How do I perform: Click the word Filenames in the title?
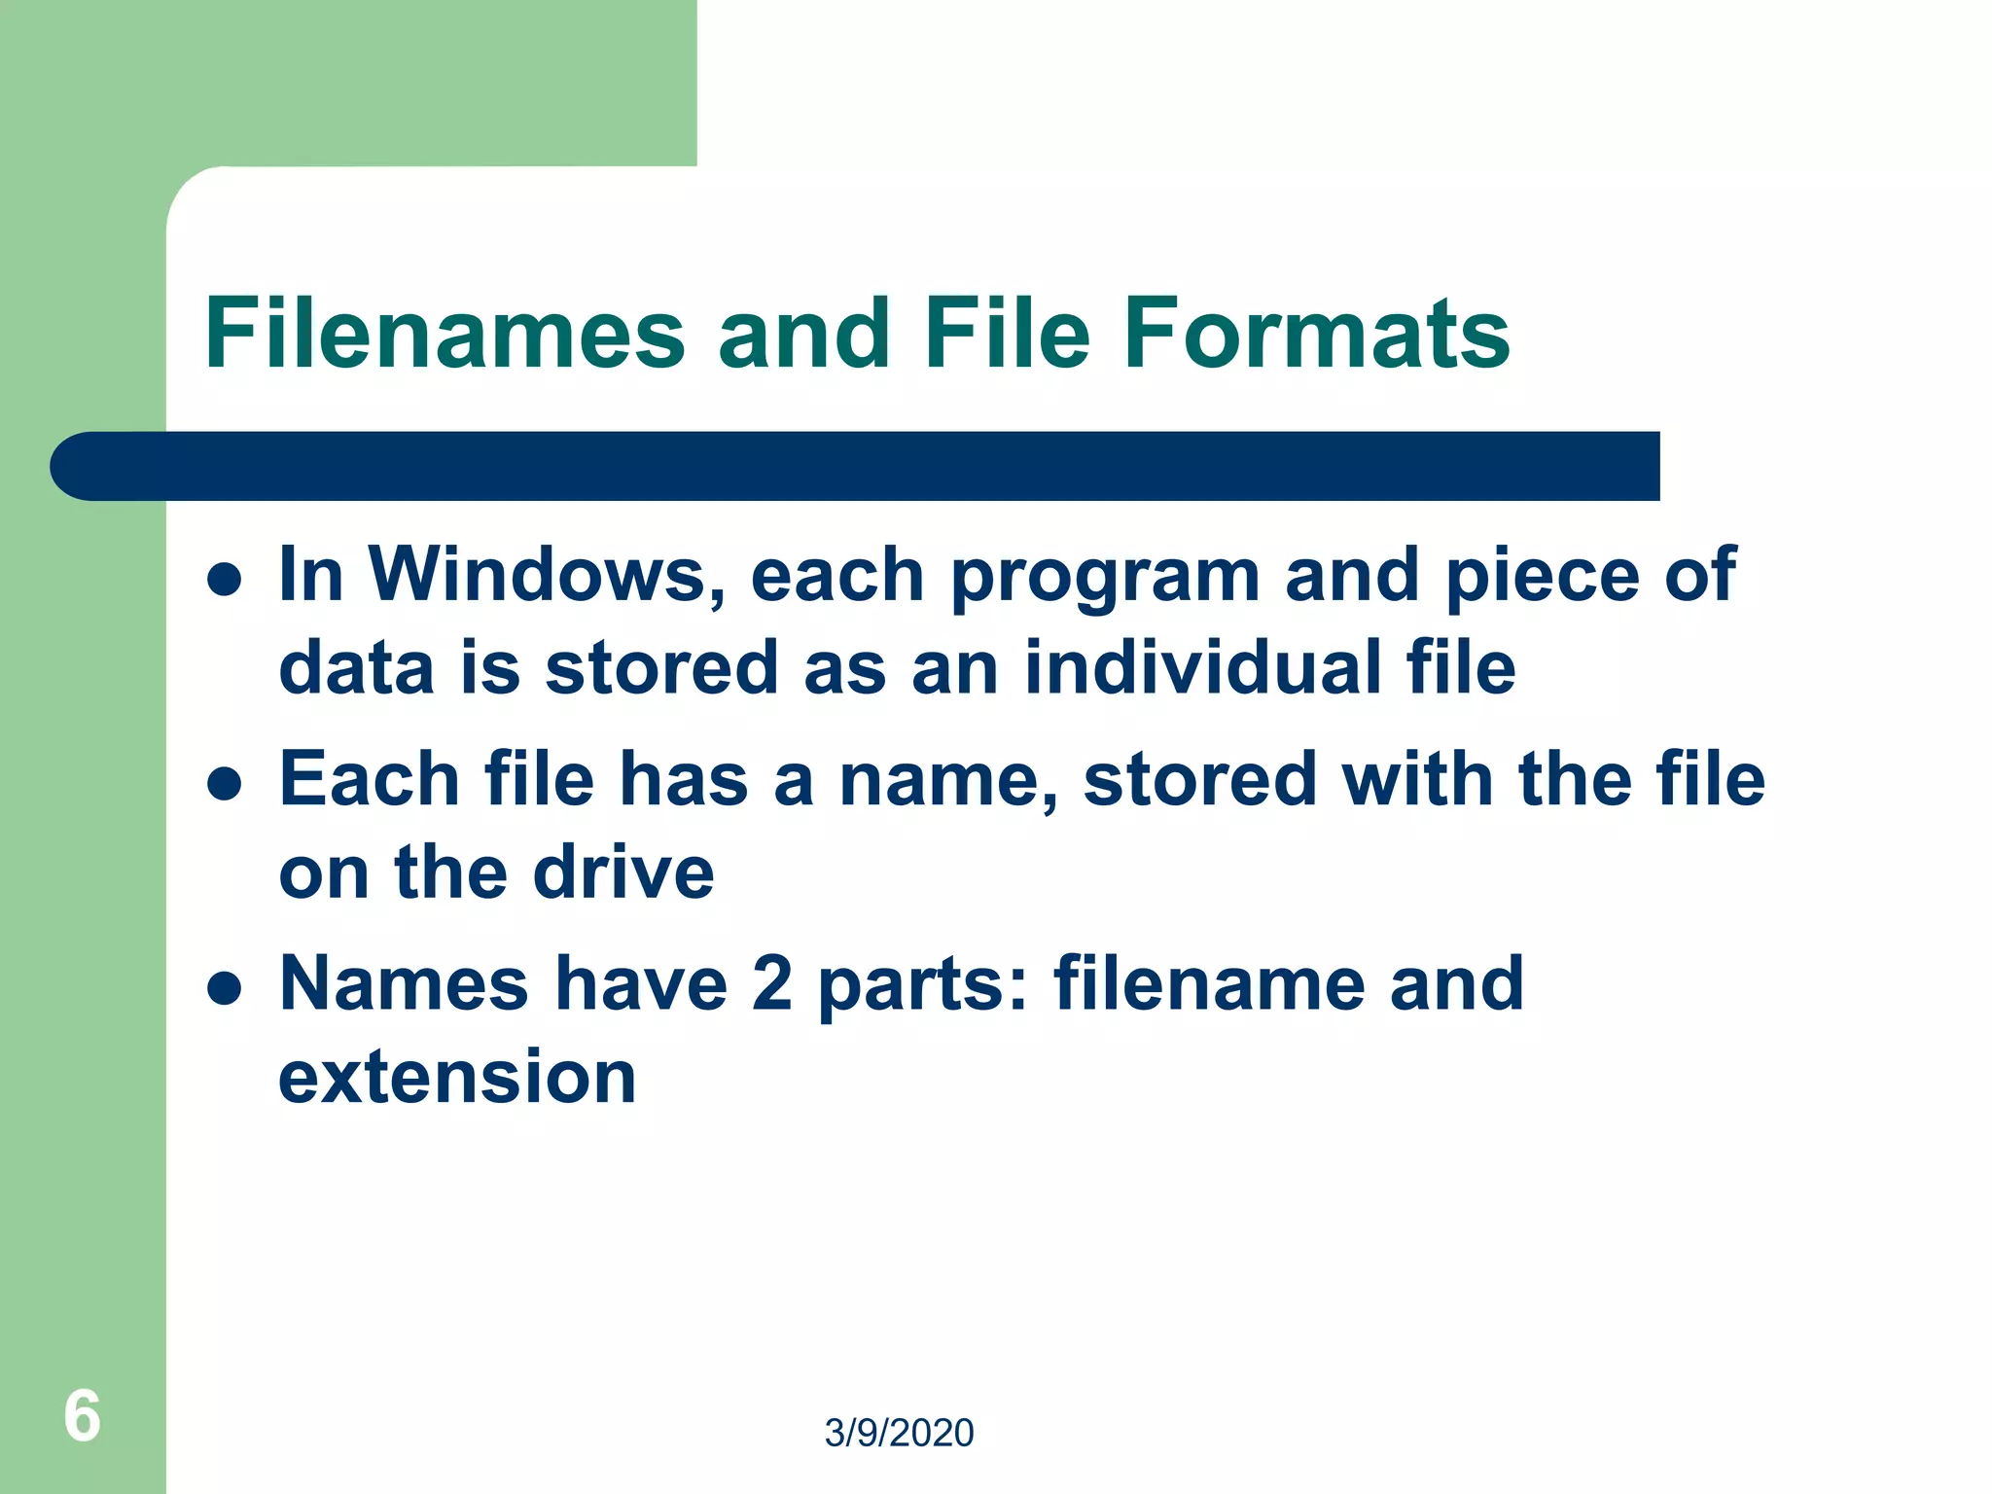tap(445, 334)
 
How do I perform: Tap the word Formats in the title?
tap(1316, 334)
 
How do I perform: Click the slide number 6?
tap(82, 1415)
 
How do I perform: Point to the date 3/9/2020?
tap(899, 1433)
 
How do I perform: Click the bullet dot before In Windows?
tap(225, 580)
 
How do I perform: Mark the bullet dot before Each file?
tap(225, 784)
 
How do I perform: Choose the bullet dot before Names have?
tap(225, 988)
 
